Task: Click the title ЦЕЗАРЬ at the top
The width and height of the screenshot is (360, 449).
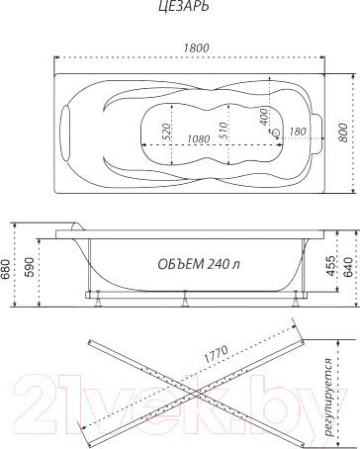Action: pos(183,6)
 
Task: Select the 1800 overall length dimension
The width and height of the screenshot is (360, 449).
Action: pos(196,47)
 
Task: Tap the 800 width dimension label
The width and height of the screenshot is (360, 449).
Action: pos(343,133)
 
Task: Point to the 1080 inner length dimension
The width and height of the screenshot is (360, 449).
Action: pos(199,138)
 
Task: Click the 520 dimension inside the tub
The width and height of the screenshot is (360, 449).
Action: pos(166,132)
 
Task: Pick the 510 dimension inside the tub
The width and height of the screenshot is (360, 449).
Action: pos(223,131)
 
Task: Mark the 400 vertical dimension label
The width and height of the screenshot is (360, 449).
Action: pos(264,117)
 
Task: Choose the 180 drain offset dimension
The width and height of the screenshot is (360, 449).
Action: pos(298,132)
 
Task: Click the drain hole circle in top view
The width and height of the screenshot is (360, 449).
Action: pos(276,133)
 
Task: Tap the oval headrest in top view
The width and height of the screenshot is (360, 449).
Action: pos(65,133)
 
